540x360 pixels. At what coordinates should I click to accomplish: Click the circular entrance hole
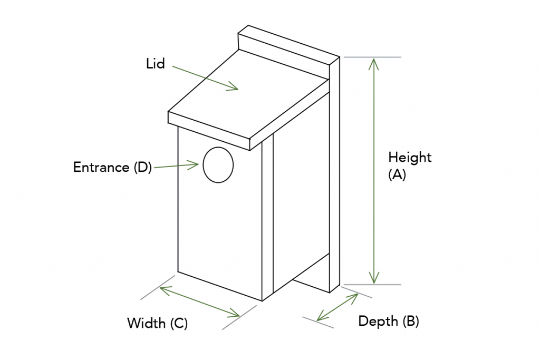point(218,165)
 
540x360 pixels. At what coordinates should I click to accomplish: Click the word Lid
point(156,64)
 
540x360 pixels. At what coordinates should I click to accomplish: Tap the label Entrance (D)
point(112,168)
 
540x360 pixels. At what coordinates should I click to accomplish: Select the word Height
point(410,157)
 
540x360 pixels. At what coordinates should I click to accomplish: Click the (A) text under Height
point(397,175)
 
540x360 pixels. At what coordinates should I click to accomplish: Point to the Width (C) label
point(157,323)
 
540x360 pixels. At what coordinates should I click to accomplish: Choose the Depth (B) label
point(389,321)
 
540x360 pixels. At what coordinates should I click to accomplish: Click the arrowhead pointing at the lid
point(233,87)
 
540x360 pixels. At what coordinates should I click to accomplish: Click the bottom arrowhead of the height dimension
point(374,278)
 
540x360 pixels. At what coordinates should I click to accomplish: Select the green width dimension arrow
point(199,301)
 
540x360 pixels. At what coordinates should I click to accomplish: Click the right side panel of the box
point(301,200)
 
